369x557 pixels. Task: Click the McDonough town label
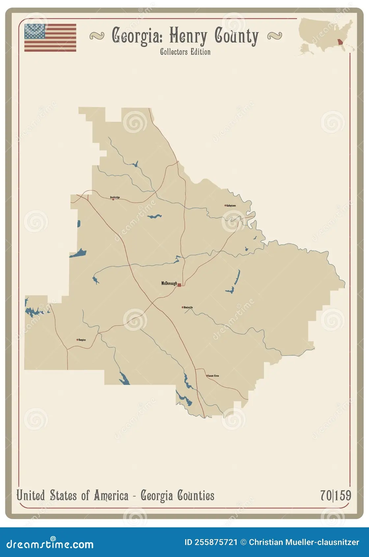[x=169, y=283]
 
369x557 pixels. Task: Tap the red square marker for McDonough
[x=179, y=285]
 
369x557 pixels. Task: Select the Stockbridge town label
[x=115, y=197]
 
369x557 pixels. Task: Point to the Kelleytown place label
[x=231, y=205]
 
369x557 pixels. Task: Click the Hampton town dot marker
[x=77, y=340]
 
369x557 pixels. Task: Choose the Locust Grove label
[x=213, y=376]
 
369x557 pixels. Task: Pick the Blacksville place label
[x=188, y=307]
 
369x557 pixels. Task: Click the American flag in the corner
[x=50, y=38]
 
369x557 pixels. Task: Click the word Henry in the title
[x=188, y=36]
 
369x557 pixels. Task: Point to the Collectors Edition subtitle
[x=185, y=52]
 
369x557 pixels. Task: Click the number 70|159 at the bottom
[x=336, y=495]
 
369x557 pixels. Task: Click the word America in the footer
[x=111, y=495]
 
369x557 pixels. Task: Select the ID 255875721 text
[x=211, y=542]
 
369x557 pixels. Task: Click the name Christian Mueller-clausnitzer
[x=304, y=542]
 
